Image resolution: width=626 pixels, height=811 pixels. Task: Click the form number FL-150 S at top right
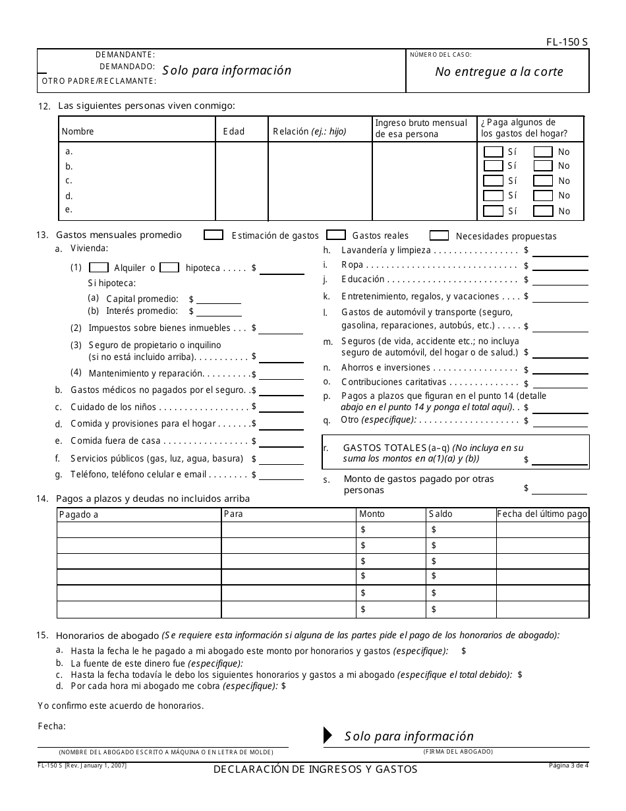point(567,42)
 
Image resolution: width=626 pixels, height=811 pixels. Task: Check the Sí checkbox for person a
point(493,152)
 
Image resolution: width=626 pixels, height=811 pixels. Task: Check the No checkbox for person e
point(543,211)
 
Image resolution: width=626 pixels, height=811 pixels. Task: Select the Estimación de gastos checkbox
point(213,235)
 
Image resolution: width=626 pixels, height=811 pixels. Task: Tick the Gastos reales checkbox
point(336,235)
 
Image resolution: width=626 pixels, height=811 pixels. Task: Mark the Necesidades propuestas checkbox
point(440,236)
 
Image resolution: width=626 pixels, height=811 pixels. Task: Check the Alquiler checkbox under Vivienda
point(99,268)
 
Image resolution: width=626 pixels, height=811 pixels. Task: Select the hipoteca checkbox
point(170,268)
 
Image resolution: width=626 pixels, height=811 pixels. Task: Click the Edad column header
point(234,131)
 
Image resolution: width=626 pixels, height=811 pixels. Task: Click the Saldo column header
point(441,514)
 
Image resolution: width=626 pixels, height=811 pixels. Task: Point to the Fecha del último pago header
point(542,514)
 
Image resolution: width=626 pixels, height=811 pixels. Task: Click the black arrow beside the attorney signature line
point(327,736)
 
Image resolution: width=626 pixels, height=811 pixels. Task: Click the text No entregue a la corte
point(499,72)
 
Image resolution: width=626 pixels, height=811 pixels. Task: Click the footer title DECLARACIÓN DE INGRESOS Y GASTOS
point(315,769)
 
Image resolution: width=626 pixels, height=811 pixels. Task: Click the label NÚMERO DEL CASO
point(441,55)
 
